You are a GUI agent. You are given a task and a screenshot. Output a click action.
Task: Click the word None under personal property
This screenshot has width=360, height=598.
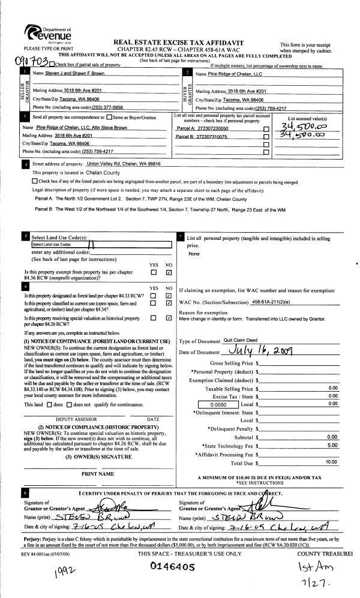click(x=194, y=254)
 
